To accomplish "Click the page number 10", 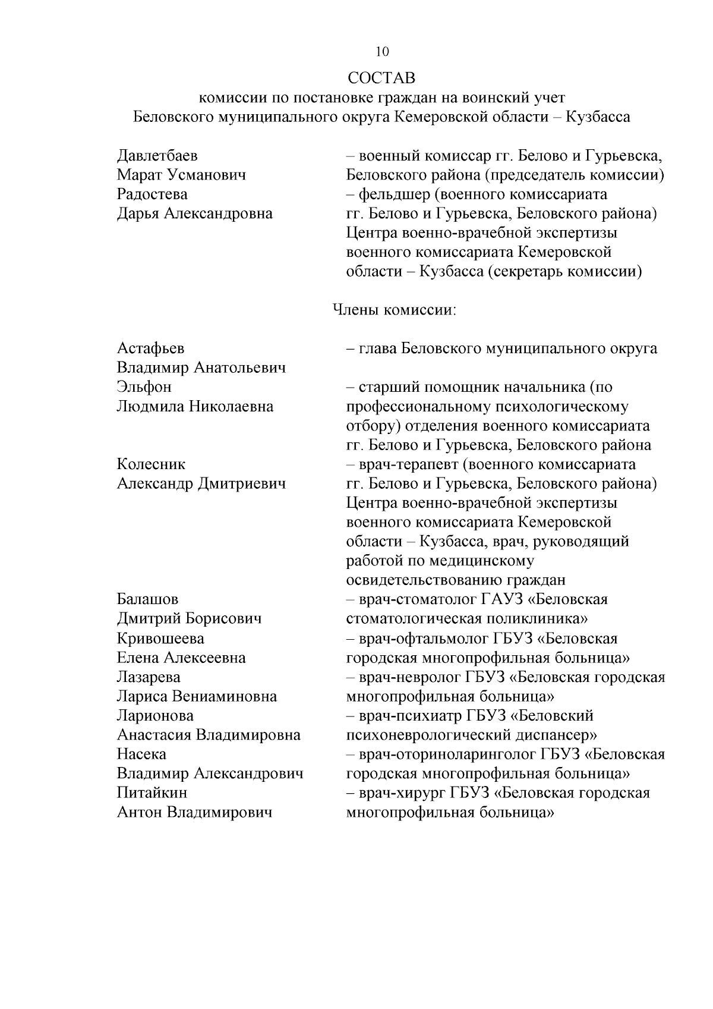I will pyautogui.click(x=382, y=52).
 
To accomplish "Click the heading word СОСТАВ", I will pyautogui.click(x=382, y=78).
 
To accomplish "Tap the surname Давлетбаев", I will pyautogui.click(x=157, y=156).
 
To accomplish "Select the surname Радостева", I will pyautogui.click(x=152, y=194).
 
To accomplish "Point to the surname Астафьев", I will pyautogui.click(x=151, y=348).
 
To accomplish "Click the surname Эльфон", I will pyautogui.click(x=144, y=387).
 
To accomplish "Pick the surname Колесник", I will pyautogui.click(x=151, y=464).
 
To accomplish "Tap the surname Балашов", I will pyautogui.click(x=147, y=599).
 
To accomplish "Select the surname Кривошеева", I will pyautogui.click(x=160, y=639).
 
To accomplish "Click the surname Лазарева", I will pyautogui.click(x=149, y=677).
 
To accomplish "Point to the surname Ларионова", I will pyautogui.click(x=155, y=716).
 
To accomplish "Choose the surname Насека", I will pyautogui.click(x=141, y=755).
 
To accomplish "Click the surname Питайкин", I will pyautogui.click(x=152, y=793).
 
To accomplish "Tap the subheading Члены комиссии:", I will pyautogui.click(x=393, y=310).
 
